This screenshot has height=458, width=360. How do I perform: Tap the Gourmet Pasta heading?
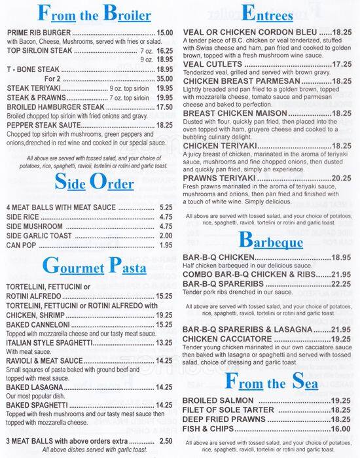(x=90, y=266)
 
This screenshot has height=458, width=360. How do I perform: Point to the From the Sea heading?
(x=270, y=381)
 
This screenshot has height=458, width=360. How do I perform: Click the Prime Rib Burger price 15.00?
(x=165, y=32)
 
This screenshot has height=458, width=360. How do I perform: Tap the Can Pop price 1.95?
(x=166, y=245)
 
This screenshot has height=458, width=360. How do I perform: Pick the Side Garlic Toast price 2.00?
(x=166, y=236)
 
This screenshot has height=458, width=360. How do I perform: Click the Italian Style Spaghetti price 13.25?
(x=164, y=343)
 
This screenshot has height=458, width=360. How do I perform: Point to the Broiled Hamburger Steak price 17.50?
(x=165, y=106)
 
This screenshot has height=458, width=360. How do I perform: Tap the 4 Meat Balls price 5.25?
(x=166, y=207)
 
